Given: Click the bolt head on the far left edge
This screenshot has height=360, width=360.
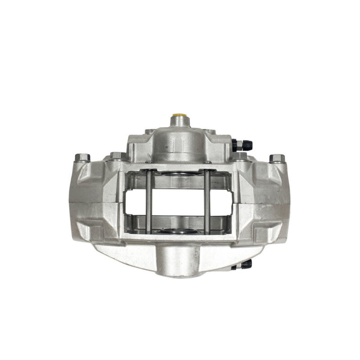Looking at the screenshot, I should tap(82, 158).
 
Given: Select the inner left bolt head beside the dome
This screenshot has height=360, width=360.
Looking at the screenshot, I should tap(116, 155).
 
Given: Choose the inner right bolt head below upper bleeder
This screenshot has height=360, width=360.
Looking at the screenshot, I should tap(239, 156).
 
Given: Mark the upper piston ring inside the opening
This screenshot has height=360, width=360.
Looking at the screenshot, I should tap(177, 175).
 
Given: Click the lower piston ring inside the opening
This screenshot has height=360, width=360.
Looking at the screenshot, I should tap(177, 230).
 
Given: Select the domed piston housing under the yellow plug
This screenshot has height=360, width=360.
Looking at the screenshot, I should tap(178, 140).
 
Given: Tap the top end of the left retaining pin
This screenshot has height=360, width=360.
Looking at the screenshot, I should tap(148, 171).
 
